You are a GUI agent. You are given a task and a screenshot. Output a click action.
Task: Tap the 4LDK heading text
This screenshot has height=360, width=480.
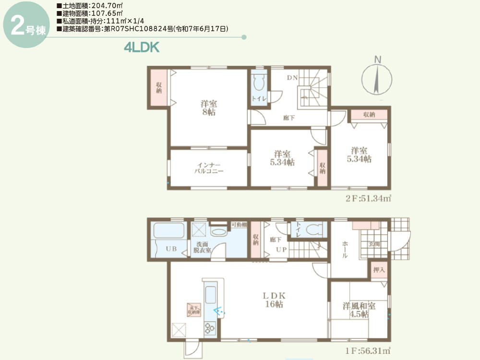pos(141,47)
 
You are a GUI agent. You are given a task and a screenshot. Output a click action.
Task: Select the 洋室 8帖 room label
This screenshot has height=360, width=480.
pos(208,108)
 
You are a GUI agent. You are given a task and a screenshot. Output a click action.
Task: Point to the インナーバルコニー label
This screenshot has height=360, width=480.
pos(209,168)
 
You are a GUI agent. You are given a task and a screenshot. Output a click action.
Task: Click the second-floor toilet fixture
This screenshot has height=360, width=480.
pos(259,84)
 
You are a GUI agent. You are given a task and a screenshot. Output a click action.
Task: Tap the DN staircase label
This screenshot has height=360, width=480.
pos(293,78)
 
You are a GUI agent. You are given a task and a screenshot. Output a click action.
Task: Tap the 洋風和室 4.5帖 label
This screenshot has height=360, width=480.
pos(359,310)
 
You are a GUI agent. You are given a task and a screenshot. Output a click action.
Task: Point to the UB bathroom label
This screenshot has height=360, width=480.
pos(171,249)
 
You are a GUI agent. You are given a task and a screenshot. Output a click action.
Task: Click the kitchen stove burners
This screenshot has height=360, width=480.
pos(210,328)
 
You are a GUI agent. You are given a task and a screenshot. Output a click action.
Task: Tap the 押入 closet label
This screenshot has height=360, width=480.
pos(379,270)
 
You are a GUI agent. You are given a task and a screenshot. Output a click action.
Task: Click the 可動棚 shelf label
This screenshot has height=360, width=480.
pos(239,225)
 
